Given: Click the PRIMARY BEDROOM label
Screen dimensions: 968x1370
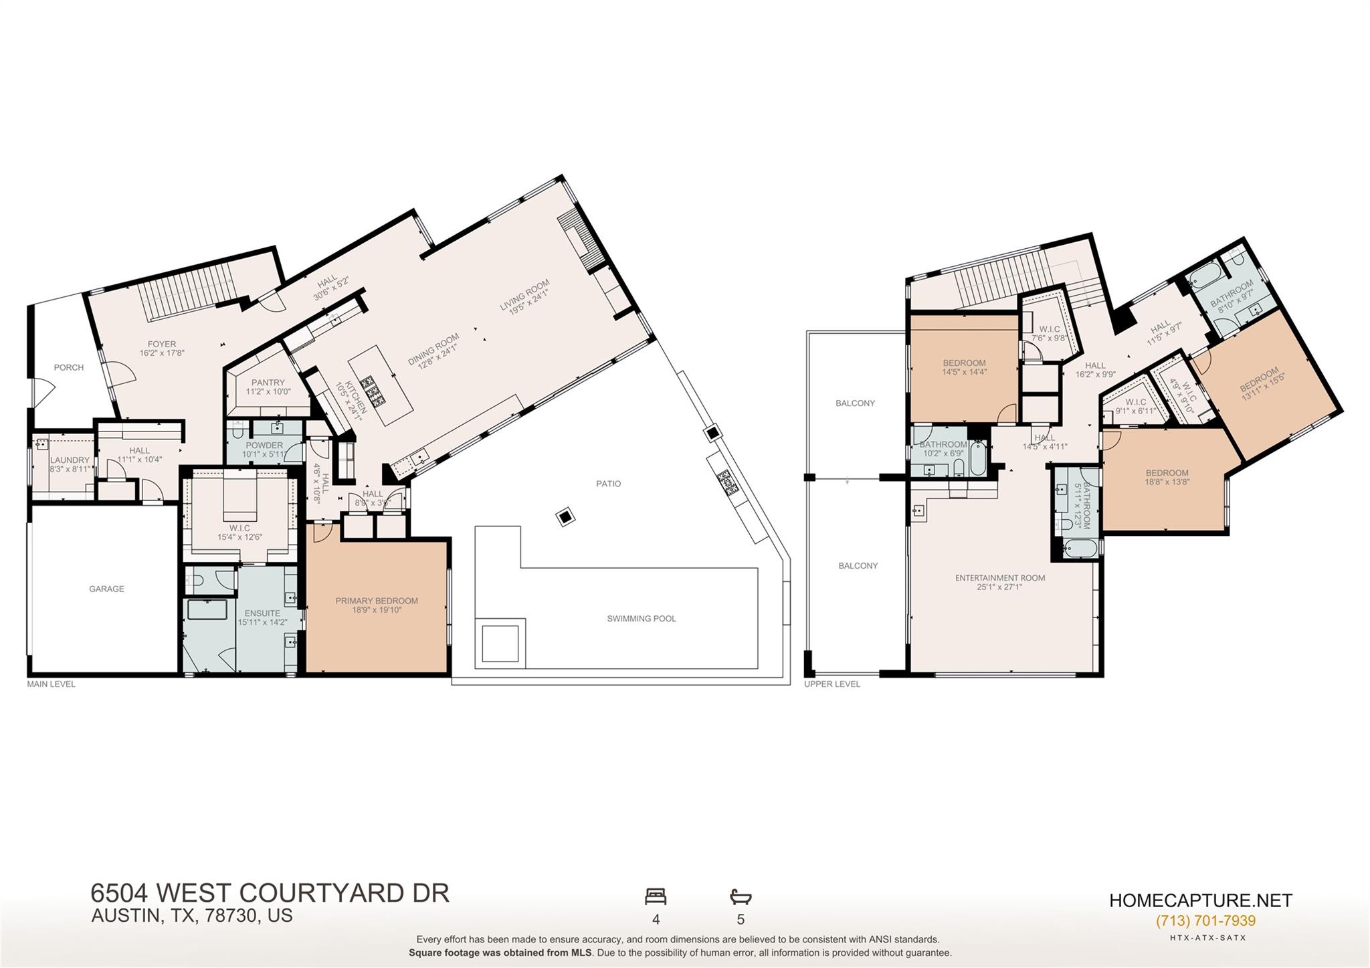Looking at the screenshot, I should point(377,601).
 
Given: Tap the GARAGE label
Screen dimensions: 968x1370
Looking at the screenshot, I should point(106,589).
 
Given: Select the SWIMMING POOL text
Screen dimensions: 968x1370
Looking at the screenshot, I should point(642,619).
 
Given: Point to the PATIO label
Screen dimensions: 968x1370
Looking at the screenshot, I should point(608,484).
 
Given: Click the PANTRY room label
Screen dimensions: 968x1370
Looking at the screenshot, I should point(268,383).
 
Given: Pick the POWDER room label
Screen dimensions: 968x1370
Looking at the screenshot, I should point(264,446).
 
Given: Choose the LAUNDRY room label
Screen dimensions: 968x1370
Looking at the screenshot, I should point(70,460).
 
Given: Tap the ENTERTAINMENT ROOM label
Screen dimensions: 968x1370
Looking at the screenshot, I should point(1000,578).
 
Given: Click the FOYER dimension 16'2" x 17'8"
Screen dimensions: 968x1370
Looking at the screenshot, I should point(162,353).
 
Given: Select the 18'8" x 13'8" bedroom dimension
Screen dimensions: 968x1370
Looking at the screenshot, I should point(1167,482).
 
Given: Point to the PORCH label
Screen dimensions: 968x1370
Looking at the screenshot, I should point(69,368).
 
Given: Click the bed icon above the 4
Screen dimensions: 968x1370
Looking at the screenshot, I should point(656,896).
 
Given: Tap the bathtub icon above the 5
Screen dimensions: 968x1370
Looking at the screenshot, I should point(741,896).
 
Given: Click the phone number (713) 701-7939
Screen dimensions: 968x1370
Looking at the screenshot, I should point(1205,921).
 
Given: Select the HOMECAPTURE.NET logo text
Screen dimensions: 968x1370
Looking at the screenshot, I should point(1201,900).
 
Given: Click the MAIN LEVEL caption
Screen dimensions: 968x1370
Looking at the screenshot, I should point(52,684).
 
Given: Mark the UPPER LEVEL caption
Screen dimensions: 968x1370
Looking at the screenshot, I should point(832,684).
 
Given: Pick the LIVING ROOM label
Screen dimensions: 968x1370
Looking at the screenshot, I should point(524,296).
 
